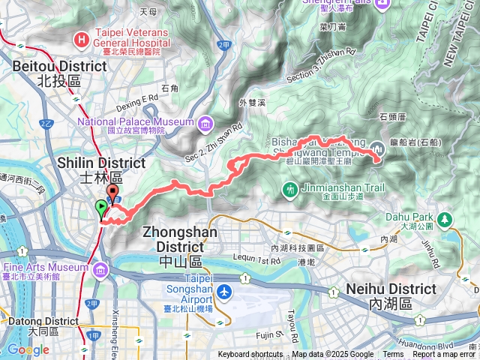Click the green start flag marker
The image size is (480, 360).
[101, 208]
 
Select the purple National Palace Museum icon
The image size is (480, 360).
[205, 122]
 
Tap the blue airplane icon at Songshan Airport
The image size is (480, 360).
[226, 290]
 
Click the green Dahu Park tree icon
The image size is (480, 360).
[445, 219]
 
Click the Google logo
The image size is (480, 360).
[28, 349]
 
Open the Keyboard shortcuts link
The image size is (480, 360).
[250, 355]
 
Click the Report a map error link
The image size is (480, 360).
[445, 355]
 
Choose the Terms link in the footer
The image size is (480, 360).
[393, 355]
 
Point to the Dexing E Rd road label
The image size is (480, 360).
[138, 97]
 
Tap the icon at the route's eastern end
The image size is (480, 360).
[376, 157]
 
